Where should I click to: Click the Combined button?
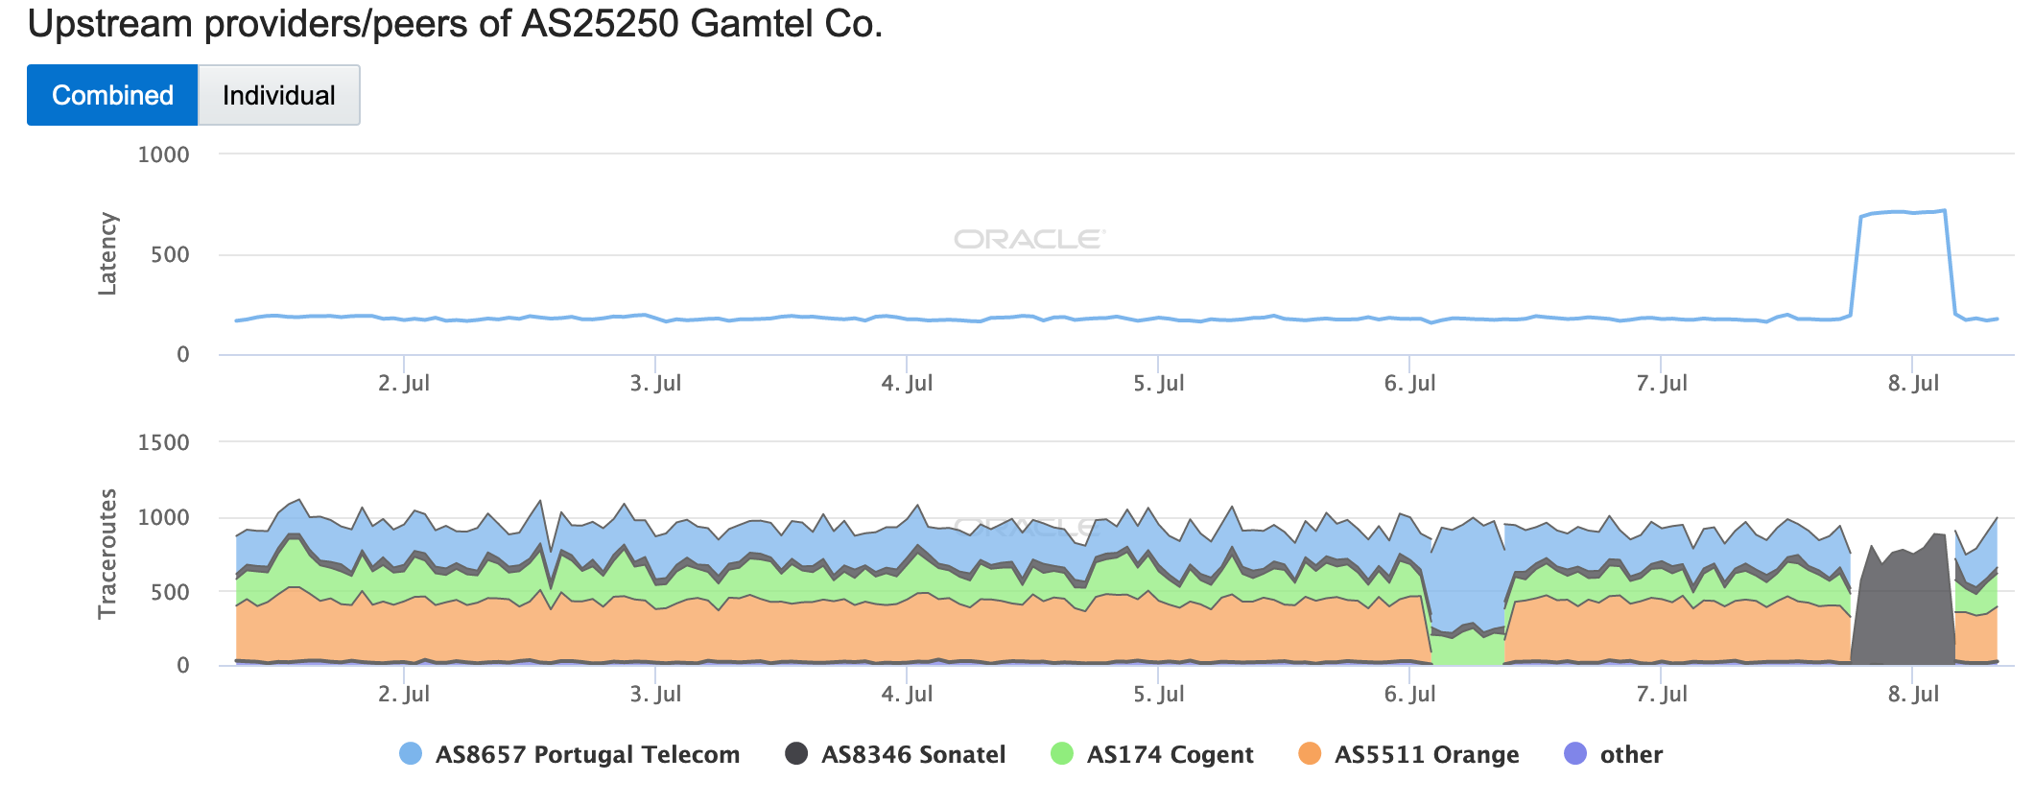click(x=112, y=95)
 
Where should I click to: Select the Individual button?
click(x=278, y=95)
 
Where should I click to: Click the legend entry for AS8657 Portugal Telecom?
click(x=570, y=754)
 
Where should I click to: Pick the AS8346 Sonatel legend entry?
click(x=895, y=754)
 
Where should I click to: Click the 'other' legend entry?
click(x=1614, y=754)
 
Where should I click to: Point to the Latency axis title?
click(x=107, y=254)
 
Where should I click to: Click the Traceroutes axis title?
click(x=107, y=554)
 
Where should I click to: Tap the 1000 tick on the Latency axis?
click(x=164, y=154)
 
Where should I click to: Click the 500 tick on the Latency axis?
click(x=171, y=254)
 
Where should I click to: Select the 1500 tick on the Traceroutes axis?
click(x=164, y=442)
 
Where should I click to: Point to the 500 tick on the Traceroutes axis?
click(x=171, y=592)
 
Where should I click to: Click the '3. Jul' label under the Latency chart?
click(x=655, y=383)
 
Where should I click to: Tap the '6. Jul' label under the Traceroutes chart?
click(x=1409, y=694)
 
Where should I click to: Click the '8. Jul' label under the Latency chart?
click(x=1913, y=383)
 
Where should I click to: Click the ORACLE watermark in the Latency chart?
click(x=1029, y=239)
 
